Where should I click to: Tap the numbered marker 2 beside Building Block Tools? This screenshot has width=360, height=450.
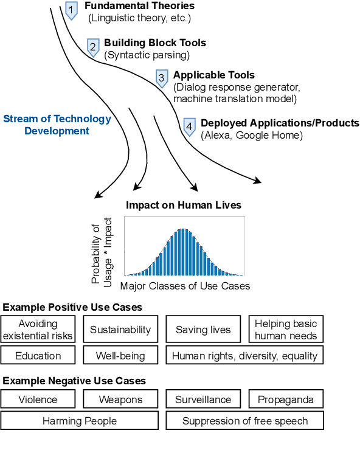point(93,47)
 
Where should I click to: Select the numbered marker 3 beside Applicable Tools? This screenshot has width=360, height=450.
point(162,77)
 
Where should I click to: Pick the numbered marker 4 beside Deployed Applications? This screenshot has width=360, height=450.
point(189,126)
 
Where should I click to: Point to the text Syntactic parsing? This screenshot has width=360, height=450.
point(147,55)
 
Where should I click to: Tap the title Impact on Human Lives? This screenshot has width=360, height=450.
point(183,206)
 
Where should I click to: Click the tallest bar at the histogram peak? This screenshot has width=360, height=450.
point(183,252)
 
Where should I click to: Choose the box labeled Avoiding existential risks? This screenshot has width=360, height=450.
point(38,330)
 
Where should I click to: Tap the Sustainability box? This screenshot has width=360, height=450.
point(120,330)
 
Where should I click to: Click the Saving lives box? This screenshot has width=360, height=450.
point(203,330)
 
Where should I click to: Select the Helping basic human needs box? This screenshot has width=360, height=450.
point(286,330)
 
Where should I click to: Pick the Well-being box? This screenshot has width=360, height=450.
point(120,355)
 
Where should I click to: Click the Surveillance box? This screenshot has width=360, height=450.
point(203,400)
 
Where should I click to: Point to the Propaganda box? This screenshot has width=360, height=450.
point(286,400)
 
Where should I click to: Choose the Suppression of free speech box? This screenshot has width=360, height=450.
point(245,421)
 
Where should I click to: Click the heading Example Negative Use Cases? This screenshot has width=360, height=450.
point(74,381)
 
